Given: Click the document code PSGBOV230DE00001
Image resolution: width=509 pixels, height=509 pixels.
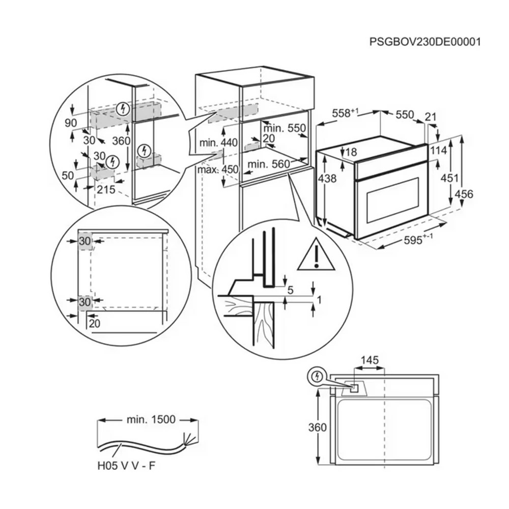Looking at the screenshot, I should pos(425,42).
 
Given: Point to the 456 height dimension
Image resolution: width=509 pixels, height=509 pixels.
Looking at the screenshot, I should pos(464,194).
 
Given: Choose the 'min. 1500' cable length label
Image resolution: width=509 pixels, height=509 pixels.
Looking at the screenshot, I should pos(151,420).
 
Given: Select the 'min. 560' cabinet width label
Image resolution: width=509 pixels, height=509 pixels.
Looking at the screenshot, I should pos(268,164).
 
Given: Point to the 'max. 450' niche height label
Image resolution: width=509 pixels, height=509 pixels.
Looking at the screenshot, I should pos(218,169).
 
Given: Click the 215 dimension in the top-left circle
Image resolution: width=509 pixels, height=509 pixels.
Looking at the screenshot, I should pos(105,190).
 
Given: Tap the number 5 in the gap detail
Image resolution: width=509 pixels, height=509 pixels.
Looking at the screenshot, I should pos(290,291).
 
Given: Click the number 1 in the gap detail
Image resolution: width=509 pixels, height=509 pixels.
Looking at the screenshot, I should pos(319,300).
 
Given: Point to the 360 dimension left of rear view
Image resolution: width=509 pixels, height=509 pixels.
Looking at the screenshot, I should pos(318,428).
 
